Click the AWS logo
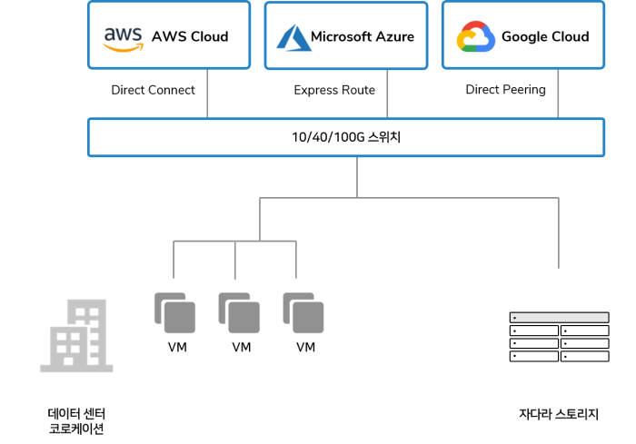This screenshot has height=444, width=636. click(123, 37)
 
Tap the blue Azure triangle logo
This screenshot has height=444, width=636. click(294, 37)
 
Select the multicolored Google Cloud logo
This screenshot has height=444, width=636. click(475, 37)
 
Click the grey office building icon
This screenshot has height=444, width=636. click(76, 336)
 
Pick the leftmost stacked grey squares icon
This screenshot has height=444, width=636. click(174, 312)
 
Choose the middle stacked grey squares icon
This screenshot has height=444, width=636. click(239, 312)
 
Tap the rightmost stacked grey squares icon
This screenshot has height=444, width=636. click(303, 312)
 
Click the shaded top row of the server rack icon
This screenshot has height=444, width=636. click(559, 318)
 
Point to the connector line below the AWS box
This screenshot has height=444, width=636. click(208, 94)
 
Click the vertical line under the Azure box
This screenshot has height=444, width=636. click(388, 94)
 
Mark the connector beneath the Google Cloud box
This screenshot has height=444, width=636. click(558, 94)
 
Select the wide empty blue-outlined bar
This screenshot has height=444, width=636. click(345, 138)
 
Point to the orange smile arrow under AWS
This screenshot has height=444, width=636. click(123, 48)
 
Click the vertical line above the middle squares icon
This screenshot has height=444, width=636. click(235, 261)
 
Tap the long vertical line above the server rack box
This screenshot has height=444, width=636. click(558, 233)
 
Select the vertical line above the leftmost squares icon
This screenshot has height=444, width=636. click(174, 261)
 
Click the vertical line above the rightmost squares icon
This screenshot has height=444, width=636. click(296, 261)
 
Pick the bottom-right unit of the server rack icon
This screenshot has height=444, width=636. click(584, 356)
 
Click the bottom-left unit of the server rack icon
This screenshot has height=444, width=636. click(533, 356)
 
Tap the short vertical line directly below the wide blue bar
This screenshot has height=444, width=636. click(357, 177)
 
